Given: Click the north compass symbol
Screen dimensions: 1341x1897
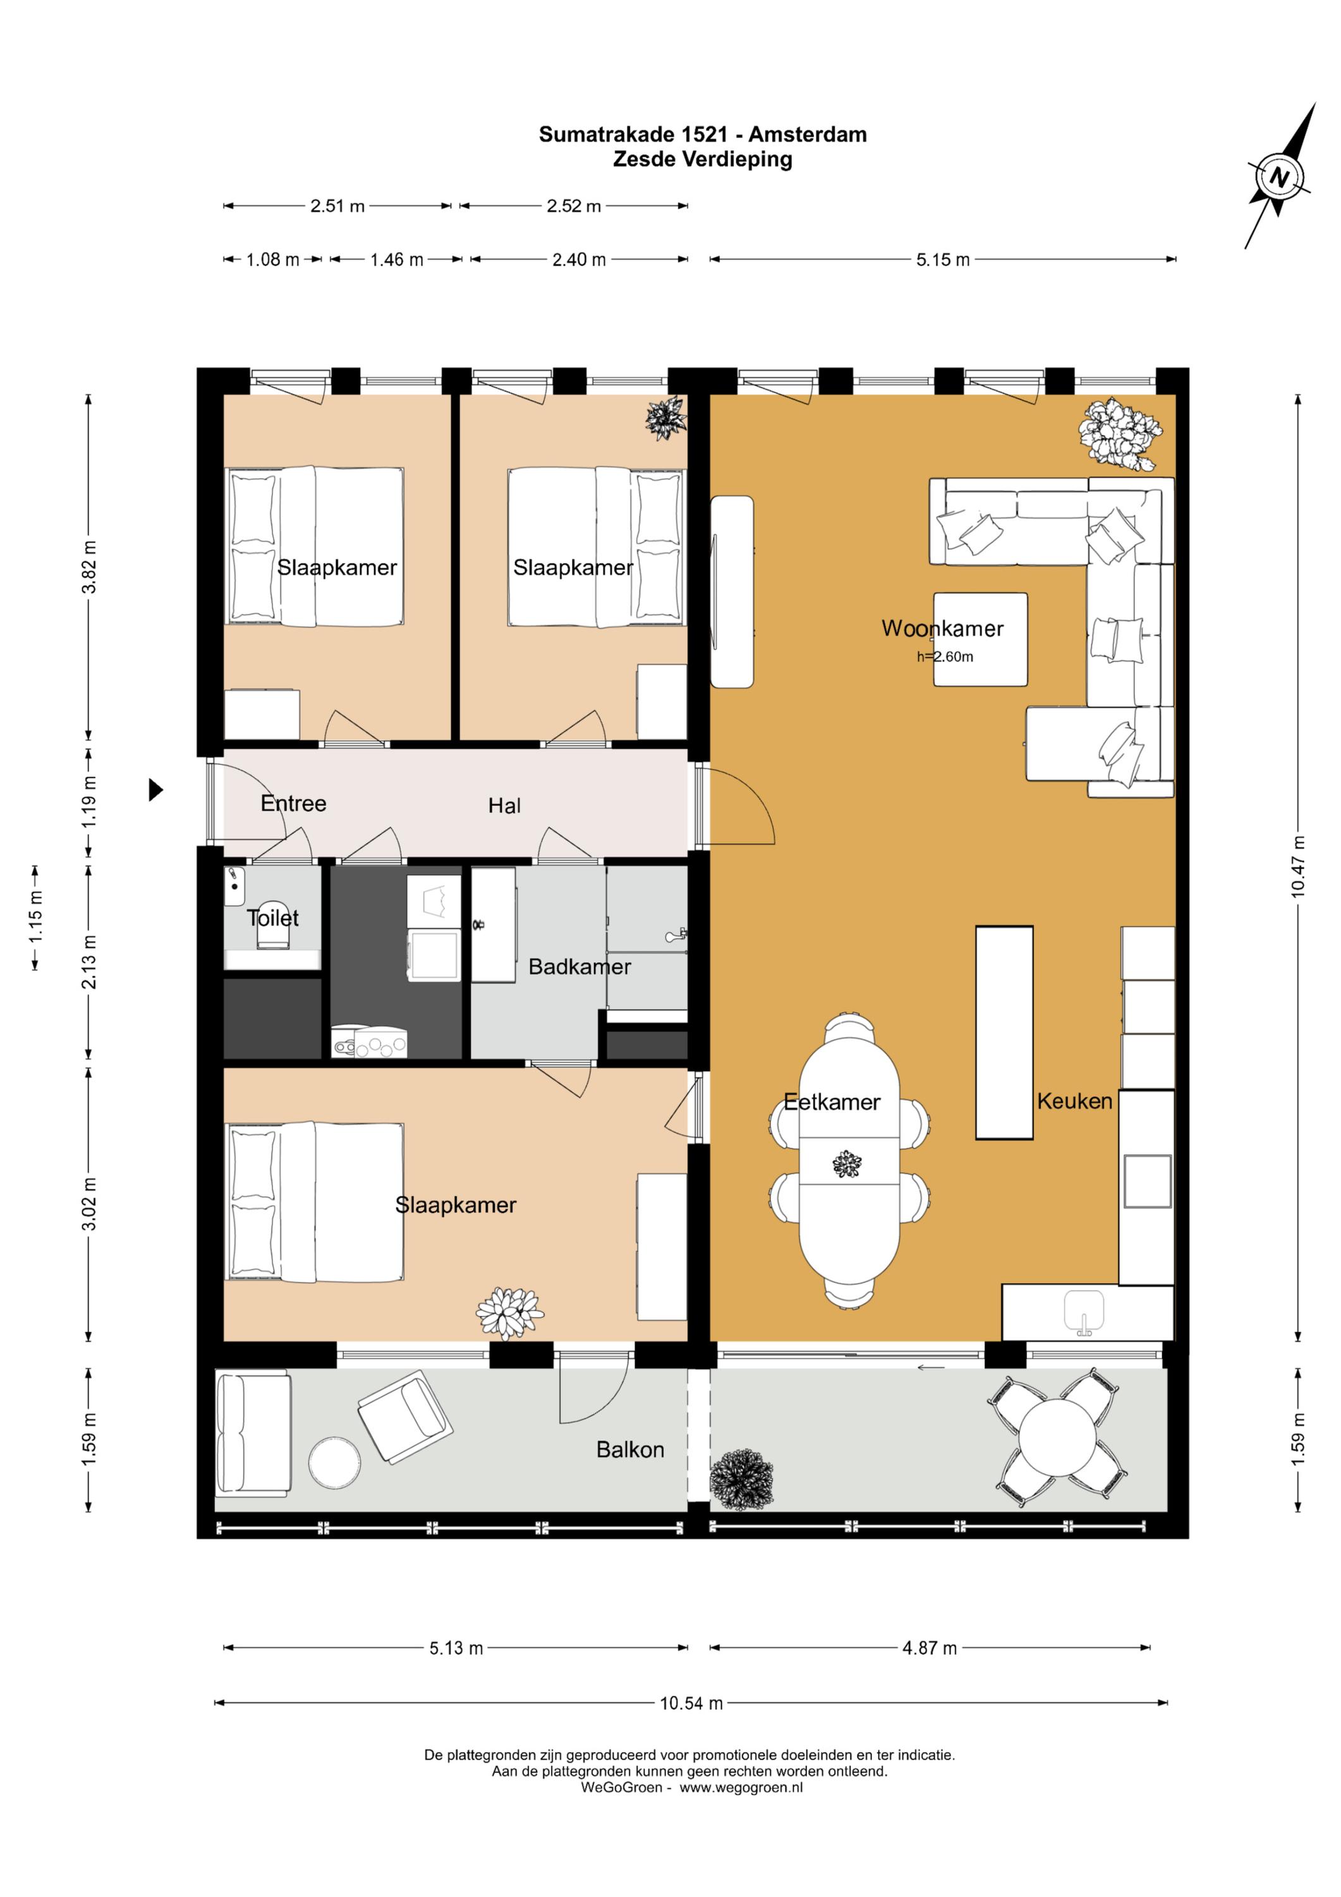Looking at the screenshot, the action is click(1279, 176).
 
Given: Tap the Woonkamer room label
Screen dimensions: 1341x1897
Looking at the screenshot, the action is click(942, 629).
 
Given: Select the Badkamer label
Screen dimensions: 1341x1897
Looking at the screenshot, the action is click(579, 967).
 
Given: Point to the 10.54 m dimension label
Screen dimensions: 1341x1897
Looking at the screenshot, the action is click(691, 1703).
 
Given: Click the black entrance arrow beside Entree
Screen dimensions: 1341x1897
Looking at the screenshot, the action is click(155, 790).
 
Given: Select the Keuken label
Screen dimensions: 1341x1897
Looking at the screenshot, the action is click(1074, 1102).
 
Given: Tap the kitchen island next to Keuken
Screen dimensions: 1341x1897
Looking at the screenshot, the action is click(1004, 1033).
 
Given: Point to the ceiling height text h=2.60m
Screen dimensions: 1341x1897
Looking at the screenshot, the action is click(945, 657).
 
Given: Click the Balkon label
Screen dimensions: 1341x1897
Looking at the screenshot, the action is click(630, 1450).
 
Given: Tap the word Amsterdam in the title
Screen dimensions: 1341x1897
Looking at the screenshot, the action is click(808, 135).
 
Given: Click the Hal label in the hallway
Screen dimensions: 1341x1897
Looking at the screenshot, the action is click(504, 806).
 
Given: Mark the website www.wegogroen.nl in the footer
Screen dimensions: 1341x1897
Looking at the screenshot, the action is click(741, 1787).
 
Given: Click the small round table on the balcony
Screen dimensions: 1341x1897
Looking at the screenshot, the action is click(334, 1463).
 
